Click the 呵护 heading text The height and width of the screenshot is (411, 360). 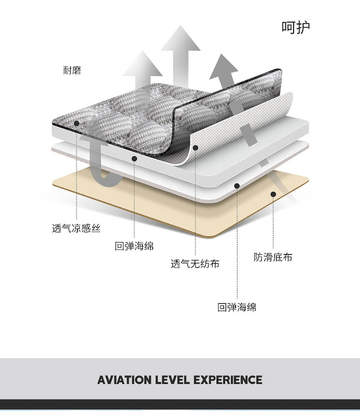coord(296,27)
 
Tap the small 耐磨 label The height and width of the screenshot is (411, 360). coord(72,71)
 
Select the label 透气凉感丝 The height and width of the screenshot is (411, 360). coord(76,228)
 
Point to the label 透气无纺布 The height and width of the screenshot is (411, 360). coord(195,264)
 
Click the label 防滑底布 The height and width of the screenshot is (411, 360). coord(273,257)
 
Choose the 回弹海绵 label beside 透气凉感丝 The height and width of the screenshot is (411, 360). coord(134,246)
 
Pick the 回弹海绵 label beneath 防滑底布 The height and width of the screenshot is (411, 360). coord(237,307)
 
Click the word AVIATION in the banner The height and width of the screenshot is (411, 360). coord(125,380)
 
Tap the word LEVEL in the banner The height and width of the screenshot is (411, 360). coord(173,380)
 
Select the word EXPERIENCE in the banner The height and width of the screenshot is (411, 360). coord(228,380)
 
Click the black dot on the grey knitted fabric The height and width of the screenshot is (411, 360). coord(77,123)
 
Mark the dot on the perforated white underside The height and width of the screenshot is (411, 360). coord(195,147)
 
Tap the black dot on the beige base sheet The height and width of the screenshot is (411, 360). coord(273,194)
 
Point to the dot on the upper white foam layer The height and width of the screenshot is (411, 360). coord(134,158)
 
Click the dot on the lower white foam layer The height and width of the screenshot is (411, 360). coord(237,185)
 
